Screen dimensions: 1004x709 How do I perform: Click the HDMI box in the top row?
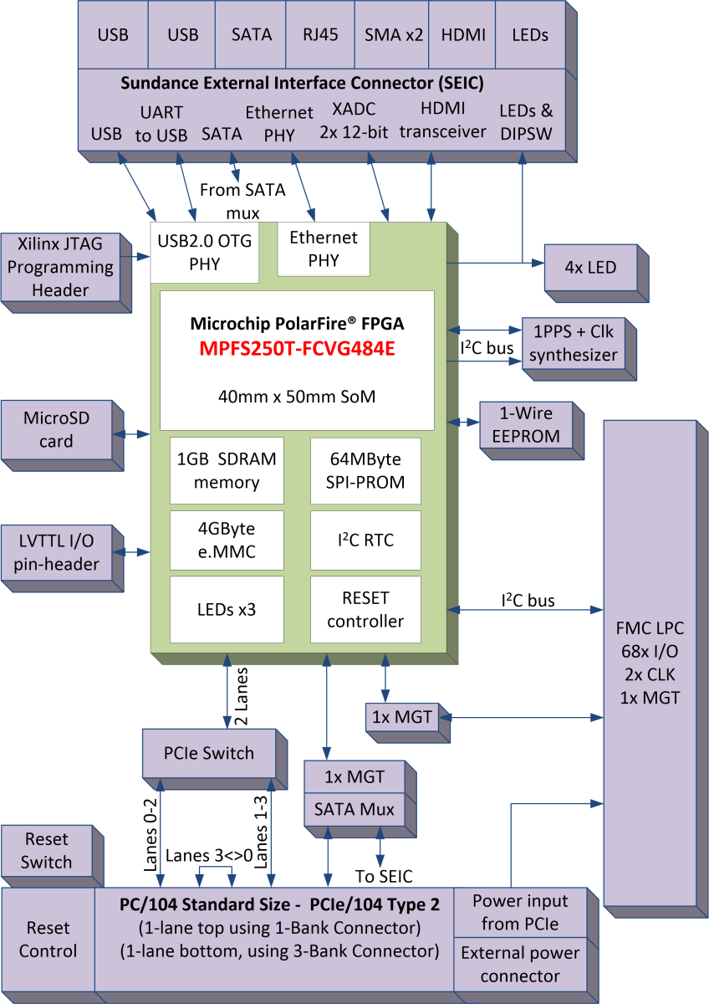point(462,34)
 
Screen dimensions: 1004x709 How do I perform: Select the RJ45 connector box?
point(319,34)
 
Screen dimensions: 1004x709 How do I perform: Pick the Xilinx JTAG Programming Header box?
point(60,267)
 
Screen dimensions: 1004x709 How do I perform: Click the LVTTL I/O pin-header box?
point(56,552)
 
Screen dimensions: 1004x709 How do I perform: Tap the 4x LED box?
point(591,268)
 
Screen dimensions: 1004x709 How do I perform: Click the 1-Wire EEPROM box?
point(523,424)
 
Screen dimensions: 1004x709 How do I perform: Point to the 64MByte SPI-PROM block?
point(365,470)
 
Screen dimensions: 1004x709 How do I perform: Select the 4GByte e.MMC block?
point(227,540)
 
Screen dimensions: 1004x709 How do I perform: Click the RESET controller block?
point(365,609)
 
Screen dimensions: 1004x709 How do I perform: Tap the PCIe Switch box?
point(209,753)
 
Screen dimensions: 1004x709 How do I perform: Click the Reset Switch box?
point(47,851)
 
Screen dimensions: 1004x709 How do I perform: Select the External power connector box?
point(521,964)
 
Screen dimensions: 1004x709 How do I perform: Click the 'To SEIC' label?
point(384,876)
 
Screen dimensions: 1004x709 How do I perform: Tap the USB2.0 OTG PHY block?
point(203,254)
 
